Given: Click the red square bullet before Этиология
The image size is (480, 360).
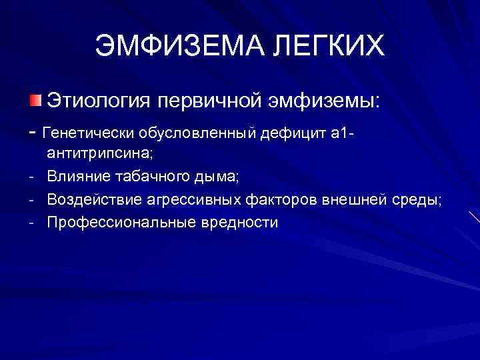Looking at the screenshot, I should coord(35,101).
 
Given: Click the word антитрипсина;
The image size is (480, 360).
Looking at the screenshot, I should coord(100,154).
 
